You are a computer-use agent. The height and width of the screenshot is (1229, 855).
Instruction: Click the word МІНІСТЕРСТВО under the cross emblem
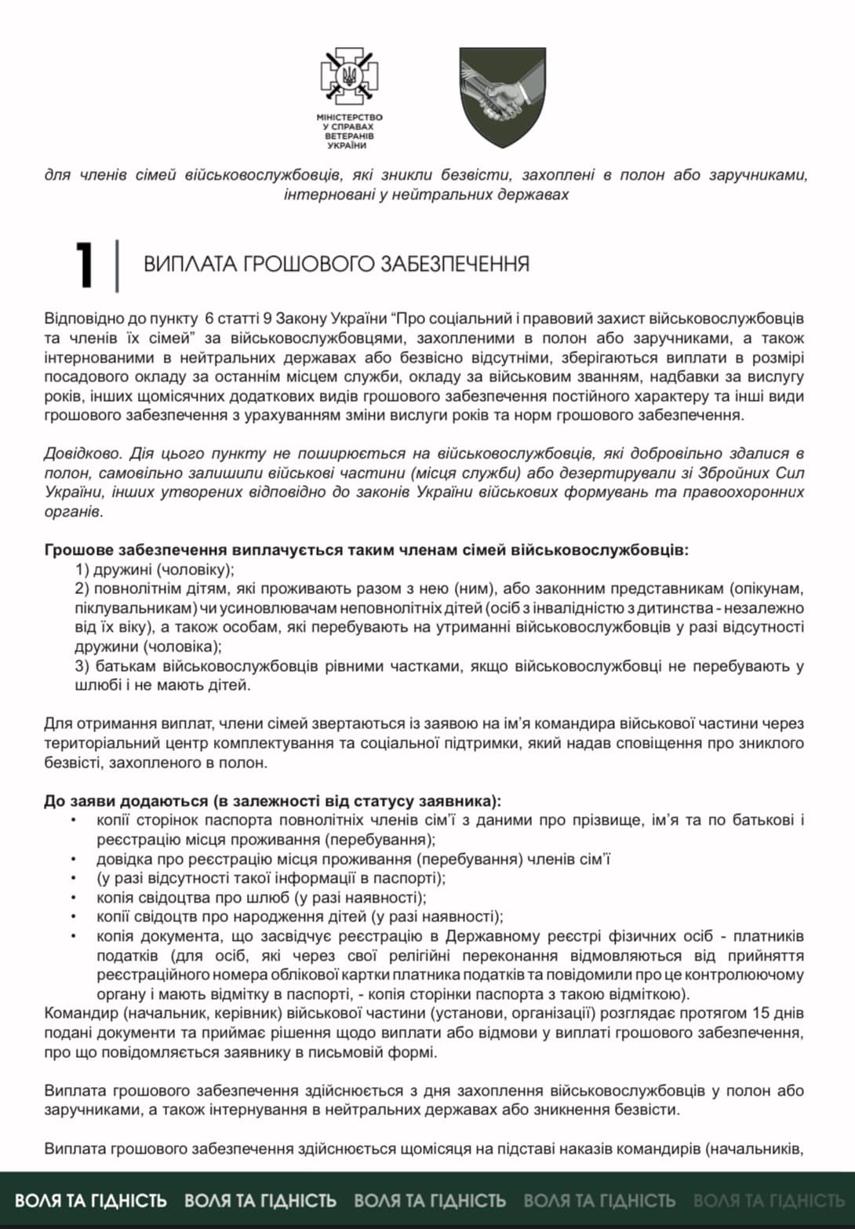coord(349,117)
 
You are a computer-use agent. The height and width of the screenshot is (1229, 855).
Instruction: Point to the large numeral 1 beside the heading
coord(85,264)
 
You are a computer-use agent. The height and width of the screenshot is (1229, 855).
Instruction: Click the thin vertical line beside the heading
coord(117,265)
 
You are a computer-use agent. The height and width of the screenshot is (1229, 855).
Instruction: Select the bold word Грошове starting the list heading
coord(78,549)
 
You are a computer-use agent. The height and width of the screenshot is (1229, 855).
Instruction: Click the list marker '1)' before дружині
coord(82,569)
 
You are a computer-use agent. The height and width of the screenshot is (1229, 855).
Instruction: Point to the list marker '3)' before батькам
coord(82,666)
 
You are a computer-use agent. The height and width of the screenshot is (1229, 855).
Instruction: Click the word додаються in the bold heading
coord(166,801)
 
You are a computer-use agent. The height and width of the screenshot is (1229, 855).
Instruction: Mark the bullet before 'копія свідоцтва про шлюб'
coord(74,897)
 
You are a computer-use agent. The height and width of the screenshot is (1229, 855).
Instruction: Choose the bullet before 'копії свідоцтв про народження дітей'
coord(74,917)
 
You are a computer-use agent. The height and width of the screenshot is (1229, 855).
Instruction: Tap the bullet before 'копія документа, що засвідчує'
coord(74,936)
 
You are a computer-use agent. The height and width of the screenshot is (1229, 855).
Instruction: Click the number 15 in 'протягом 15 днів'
coord(762,1013)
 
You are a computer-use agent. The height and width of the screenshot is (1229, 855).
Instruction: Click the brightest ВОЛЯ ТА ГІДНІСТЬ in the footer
coord(91,1201)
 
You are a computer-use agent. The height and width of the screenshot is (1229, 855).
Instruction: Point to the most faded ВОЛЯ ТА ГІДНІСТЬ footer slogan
coord(768,1201)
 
